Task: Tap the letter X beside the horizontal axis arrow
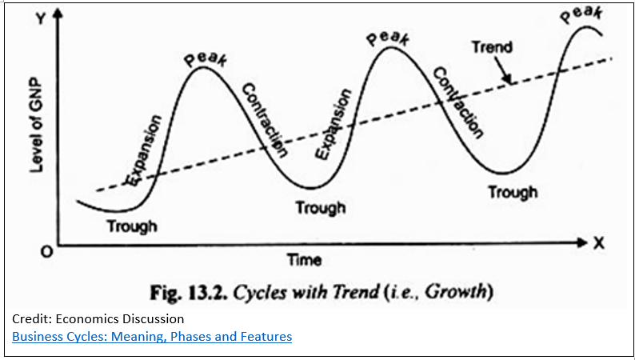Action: [598, 242]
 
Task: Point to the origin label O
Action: [46, 252]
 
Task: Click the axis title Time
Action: [304, 259]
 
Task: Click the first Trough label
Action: [132, 226]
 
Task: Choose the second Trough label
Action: [321, 207]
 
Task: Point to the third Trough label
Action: [513, 192]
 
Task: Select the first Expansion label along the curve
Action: [144, 151]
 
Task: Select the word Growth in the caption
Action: [461, 290]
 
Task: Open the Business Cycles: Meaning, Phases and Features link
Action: [152, 336]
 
